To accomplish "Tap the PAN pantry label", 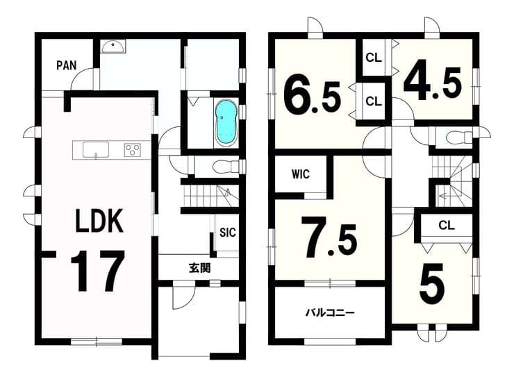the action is click(67, 65).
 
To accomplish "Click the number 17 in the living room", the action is click(97, 271).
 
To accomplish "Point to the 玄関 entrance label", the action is click(199, 268).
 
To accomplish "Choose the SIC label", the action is click(228, 233).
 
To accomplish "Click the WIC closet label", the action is click(300, 174).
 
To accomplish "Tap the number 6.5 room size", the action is click(312, 94).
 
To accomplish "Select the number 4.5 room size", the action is click(433, 80).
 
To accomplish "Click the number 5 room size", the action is click(432, 284).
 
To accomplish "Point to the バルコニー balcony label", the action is click(330, 312).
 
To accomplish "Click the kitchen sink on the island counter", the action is click(96, 150).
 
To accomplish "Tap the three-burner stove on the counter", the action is click(133, 150).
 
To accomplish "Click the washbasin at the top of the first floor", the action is click(113, 47).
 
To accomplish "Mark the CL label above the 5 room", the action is click(447, 225).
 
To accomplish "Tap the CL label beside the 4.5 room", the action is click(374, 58).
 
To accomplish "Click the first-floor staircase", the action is click(209, 196).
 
